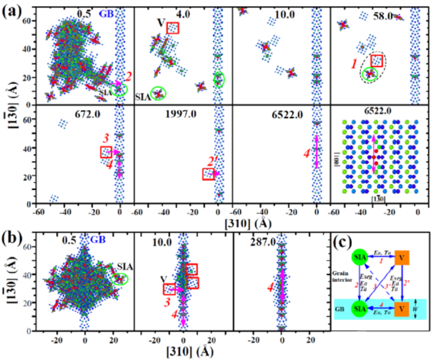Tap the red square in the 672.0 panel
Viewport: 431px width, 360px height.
(x=106, y=152)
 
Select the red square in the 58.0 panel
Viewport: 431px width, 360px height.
(x=376, y=61)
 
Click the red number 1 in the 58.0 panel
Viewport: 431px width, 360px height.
(x=354, y=64)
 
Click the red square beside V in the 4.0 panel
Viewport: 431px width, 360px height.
(x=173, y=28)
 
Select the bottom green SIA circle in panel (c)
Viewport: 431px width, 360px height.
(x=359, y=309)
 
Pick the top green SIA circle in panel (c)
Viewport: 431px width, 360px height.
(x=360, y=257)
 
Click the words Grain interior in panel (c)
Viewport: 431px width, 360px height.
(x=341, y=278)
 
